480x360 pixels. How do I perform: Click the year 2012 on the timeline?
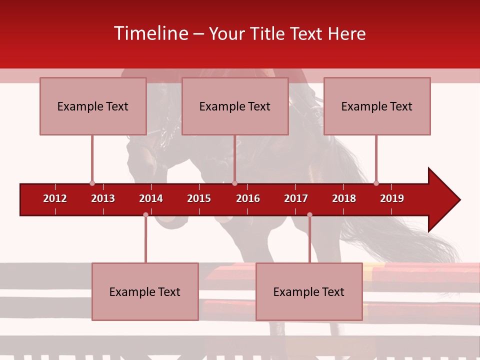[55, 198]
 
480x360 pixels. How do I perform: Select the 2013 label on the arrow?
[103, 198]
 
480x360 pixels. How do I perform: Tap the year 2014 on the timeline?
[151, 198]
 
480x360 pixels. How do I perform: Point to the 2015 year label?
[199, 198]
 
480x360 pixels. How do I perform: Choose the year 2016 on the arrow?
[248, 198]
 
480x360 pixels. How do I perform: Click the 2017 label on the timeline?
[296, 198]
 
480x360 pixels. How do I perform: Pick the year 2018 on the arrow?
[344, 198]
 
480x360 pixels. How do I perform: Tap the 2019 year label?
[392, 198]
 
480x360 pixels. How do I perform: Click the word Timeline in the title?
[150, 33]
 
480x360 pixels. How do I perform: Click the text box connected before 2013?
[93, 106]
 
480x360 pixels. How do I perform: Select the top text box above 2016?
[235, 106]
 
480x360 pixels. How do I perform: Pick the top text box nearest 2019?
[377, 106]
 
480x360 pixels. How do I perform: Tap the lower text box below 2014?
[145, 291]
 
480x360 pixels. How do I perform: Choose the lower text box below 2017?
[309, 291]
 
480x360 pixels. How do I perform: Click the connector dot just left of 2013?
[92, 183]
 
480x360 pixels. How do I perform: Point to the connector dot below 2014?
[145, 214]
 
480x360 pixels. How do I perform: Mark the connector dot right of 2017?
[309, 214]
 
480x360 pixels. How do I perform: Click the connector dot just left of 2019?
[376, 183]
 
